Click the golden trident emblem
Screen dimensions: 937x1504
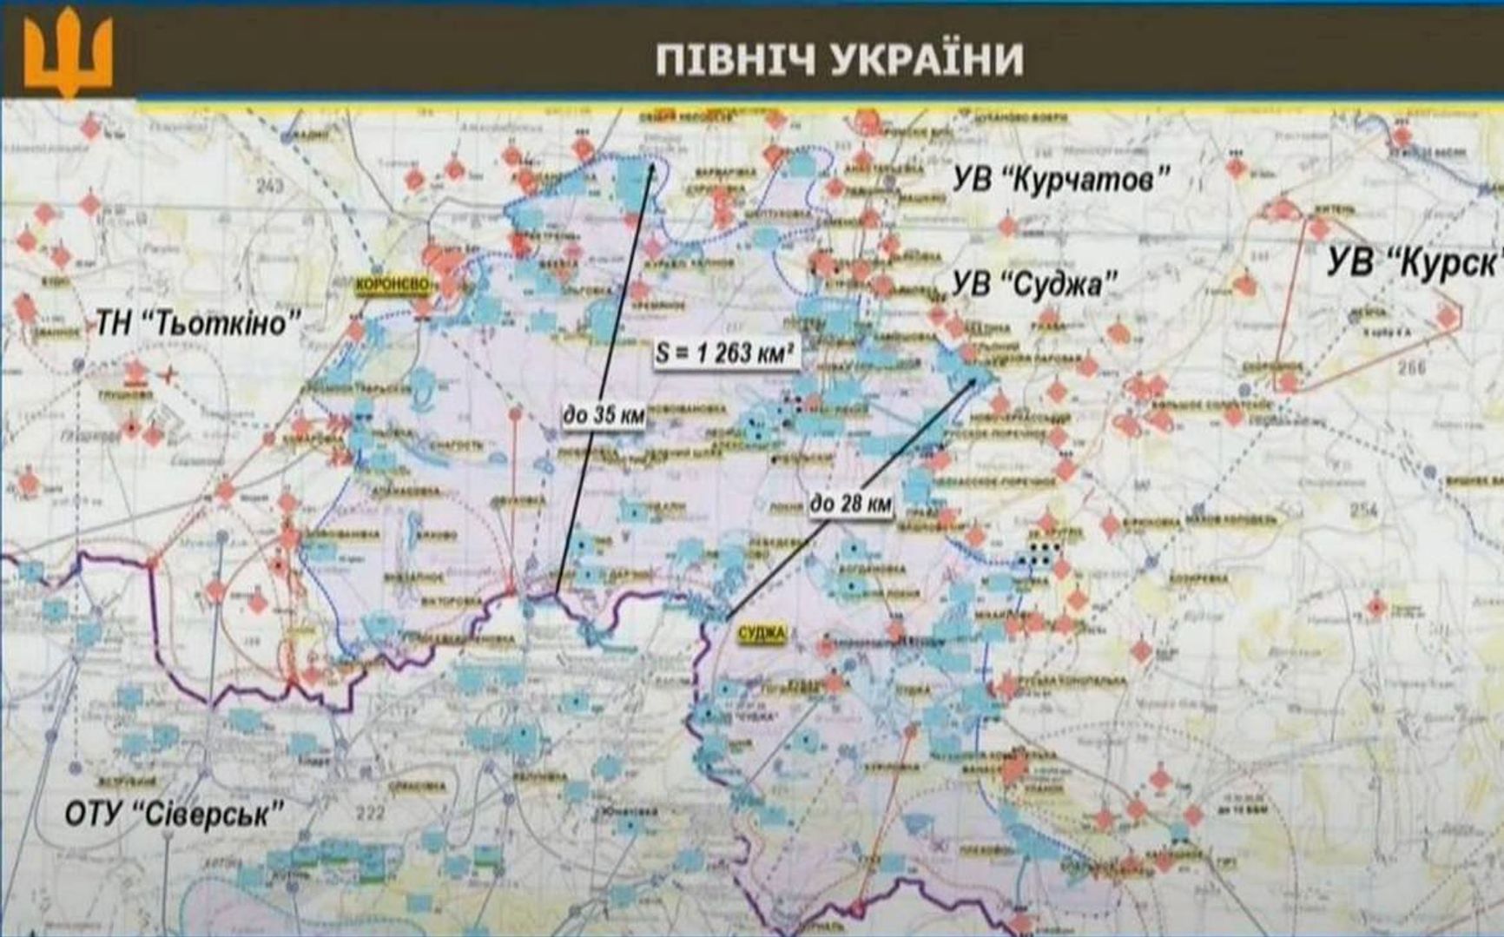tap(68, 55)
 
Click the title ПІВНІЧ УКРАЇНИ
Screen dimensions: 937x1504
tap(839, 60)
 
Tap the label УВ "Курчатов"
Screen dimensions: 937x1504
tap(1060, 181)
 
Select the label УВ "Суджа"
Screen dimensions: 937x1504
tap(1034, 284)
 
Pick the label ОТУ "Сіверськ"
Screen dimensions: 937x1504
tap(175, 814)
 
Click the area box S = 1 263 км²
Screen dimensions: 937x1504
tap(724, 353)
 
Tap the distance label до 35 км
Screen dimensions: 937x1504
tap(604, 415)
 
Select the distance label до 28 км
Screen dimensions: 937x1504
tap(850, 503)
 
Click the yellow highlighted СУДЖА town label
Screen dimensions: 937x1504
tap(761, 634)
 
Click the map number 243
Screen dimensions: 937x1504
tap(270, 186)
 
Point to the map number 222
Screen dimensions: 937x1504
tap(370, 813)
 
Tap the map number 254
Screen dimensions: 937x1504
tap(1363, 511)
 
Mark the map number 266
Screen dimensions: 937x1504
tap(1411, 367)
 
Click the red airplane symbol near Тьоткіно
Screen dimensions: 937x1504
tap(168, 375)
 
